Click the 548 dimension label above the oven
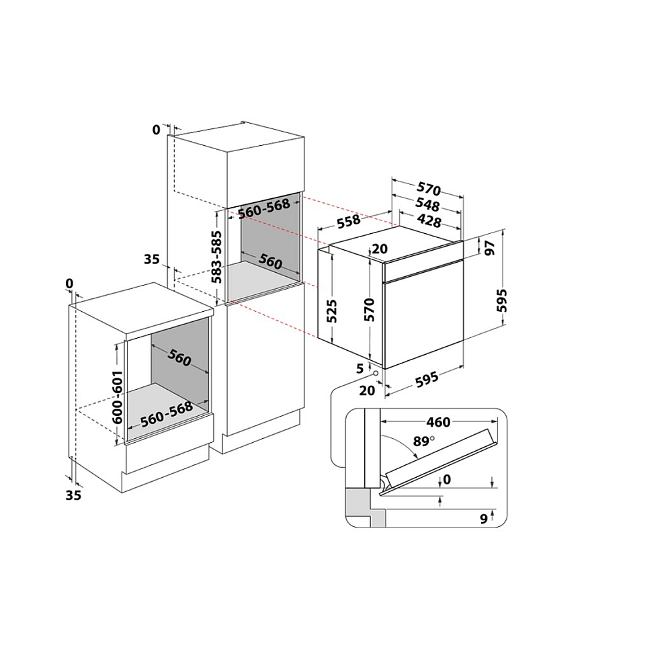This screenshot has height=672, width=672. [x=427, y=205]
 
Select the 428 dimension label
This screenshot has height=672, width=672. [x=429, y=220]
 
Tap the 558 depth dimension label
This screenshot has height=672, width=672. [x=349, y=221]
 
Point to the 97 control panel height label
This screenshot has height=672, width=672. [x=490, y=248]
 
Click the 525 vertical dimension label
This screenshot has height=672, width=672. [x=332, y=311]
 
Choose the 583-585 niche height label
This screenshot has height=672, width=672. [x=217, y=257]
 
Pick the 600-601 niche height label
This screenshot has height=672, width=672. [x=117, y=397]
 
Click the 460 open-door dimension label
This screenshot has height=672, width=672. [x=438, y=422]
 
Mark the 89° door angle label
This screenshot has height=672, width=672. [x=423, y=441]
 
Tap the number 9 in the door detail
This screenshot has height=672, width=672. [x=484, y=519]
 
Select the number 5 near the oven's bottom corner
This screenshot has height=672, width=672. [x=360, y=368]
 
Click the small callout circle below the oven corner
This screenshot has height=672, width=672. [x=376, y=373]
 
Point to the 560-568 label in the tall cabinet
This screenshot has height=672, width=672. [x=264, y=208]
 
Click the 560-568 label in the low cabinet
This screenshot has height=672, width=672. [x=167, y=415]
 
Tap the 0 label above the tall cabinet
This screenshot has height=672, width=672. [x=157, y=130]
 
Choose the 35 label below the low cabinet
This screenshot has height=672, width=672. [x=73, y=495]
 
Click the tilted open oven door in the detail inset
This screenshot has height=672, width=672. [x=441, y=458]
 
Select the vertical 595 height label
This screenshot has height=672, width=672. [x=502, y=300]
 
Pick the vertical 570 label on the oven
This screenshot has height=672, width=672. [x=369, y=310]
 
